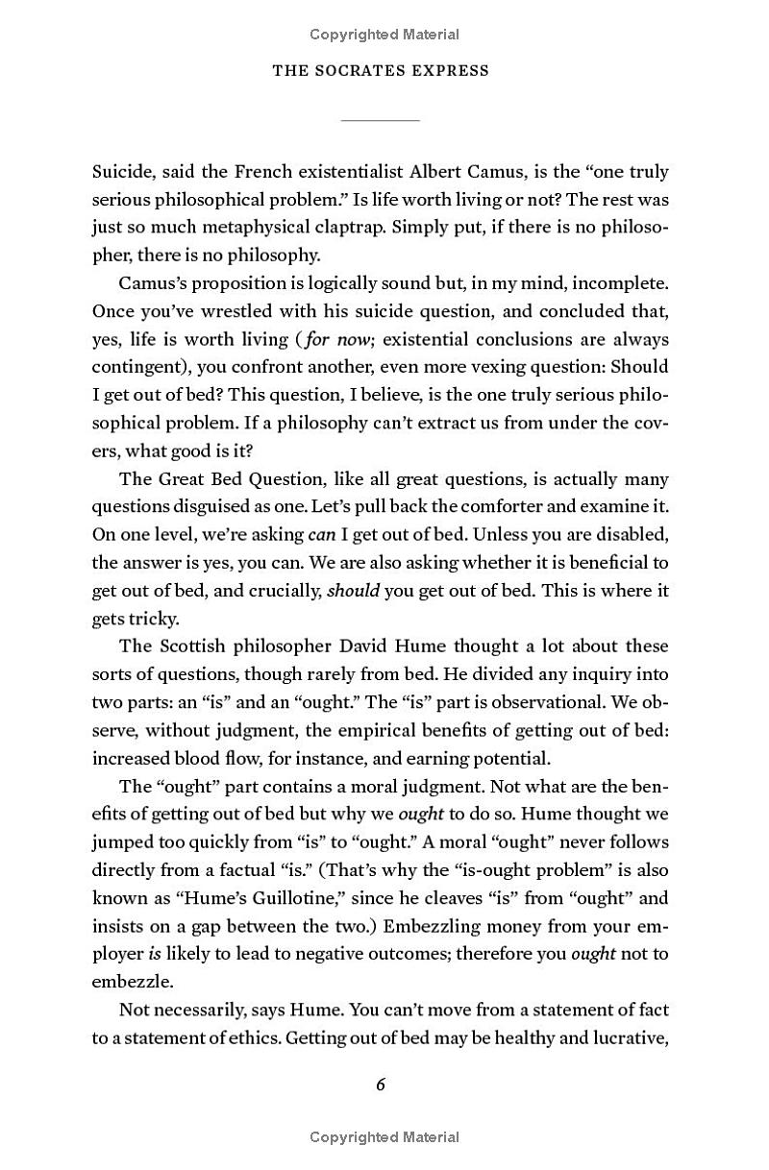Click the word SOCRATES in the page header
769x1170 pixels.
364,70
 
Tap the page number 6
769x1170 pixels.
381,1085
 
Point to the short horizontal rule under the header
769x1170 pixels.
381,120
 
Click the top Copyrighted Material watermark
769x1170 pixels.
384,35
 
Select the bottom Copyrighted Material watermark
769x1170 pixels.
384,1137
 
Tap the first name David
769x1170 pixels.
375,646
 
